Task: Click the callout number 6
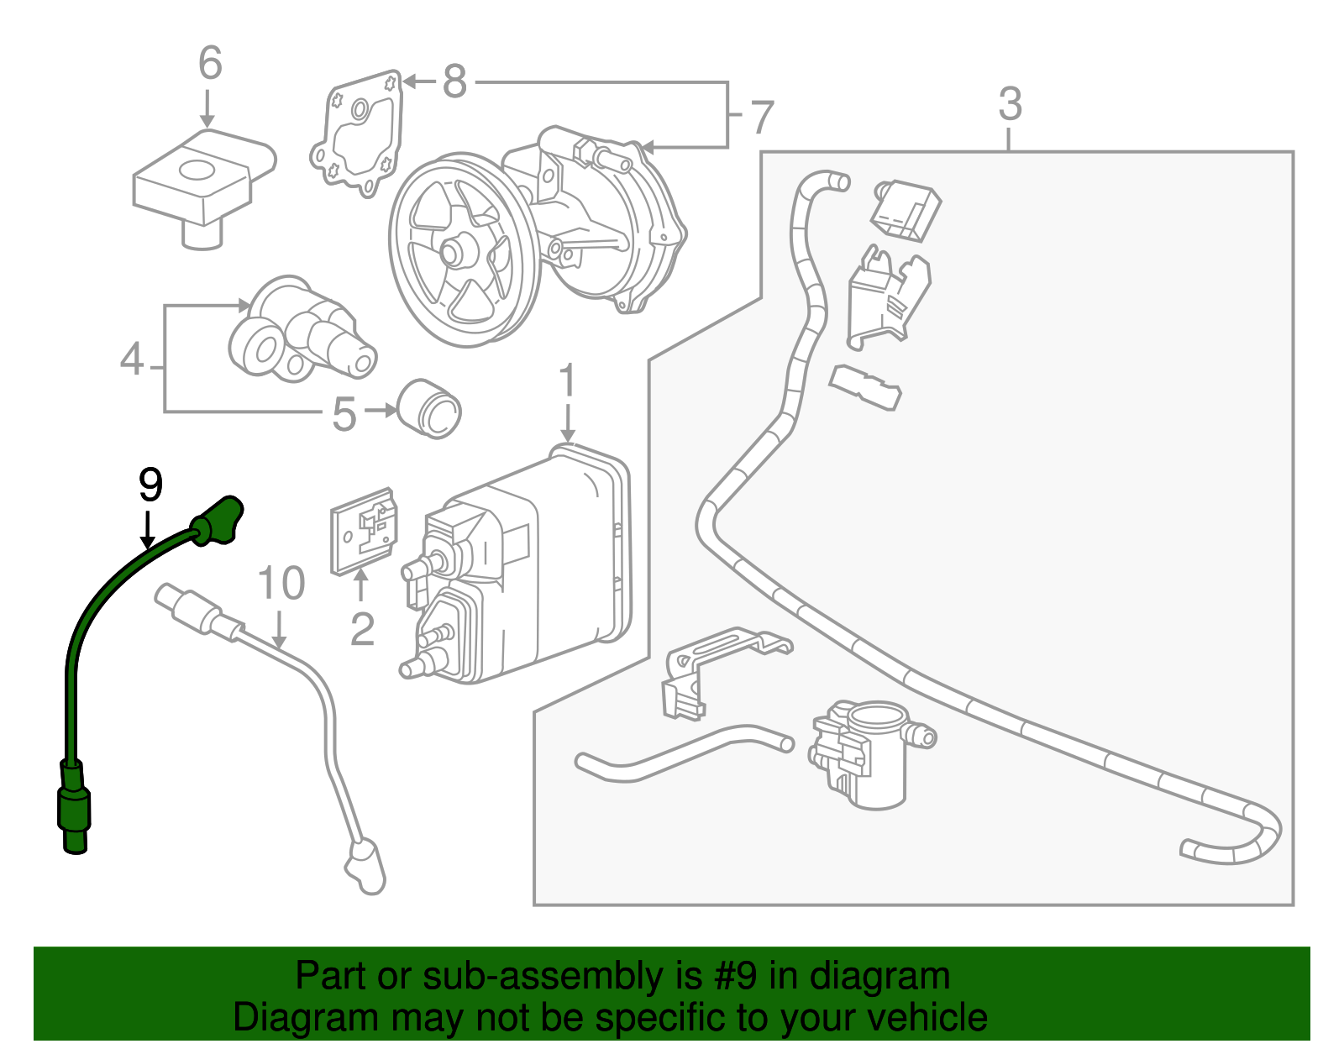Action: pyautogui.click(x=210, y=64)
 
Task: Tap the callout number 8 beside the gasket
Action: pyautogui.click(x=454, y=82)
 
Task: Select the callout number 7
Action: pyautogui.click(x=761, y=118)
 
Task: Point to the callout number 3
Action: pyautogui.click(x=1011, y=105)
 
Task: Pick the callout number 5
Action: pyautogui.click(x=344, y=415)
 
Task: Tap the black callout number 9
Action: pyautogui.click(x=150, y=485)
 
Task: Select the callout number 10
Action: pyautogui.click(x=281, y=583)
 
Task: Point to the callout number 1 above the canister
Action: pyautogui.click(x=568, y=381)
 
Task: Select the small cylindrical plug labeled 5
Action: pyautogui.click(x=428, y=408)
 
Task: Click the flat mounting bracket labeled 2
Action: pyautogui.click(x=363, y=531)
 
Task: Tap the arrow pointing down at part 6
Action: pyautogui.click(x=207, y=109)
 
